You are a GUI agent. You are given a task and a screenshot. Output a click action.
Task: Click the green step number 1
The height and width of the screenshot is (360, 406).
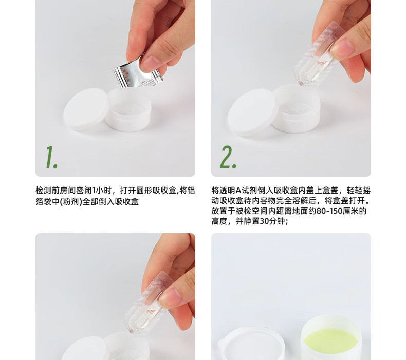pyautogui.click(x=51, y=157)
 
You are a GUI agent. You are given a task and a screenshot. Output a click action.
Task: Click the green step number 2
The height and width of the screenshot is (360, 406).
pyautogui.click(x=228, y=157)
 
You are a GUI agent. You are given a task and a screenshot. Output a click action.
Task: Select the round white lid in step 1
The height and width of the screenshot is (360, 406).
pyautogui.click(x=85, y=109)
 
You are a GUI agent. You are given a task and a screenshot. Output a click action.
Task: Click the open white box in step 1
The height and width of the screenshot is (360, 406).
pyautogui.click(x=128, y=110)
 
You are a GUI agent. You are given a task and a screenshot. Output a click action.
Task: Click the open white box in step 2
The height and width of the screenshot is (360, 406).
pyautogui.click(x=296, y=109)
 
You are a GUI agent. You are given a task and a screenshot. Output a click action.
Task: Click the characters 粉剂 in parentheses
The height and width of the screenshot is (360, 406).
pyautogui.click(x=71, y=202)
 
